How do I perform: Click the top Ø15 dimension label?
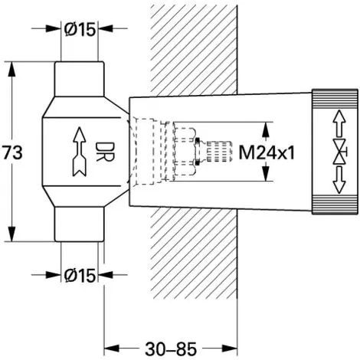[x=80, y=29]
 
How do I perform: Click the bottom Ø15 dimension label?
[x=80, y=275]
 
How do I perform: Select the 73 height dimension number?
[x=12, y=152]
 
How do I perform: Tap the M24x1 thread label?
[x=267, y=153]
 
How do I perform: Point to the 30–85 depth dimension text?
[x=171, y=349]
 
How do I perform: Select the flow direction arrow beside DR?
[x=80, y=152]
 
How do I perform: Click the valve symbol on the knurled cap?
[x=340, y=152]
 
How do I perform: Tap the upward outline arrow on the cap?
[x=339, y=123]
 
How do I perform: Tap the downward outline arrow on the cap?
[x=339, y=180]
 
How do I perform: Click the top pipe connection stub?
[x=80, y=79]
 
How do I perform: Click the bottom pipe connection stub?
[x=80, y=224]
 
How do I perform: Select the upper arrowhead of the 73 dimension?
[x=11, y=69]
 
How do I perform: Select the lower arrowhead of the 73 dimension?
[x=11, y=234]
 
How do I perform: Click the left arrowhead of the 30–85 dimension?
[x=112, y=348]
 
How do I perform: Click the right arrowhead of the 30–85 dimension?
[x=230, y=348]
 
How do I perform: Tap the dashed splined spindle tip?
[x=219, y=152]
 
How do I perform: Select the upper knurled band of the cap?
[x=335, y=99]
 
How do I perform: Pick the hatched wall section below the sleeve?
[x=194, y=253]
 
